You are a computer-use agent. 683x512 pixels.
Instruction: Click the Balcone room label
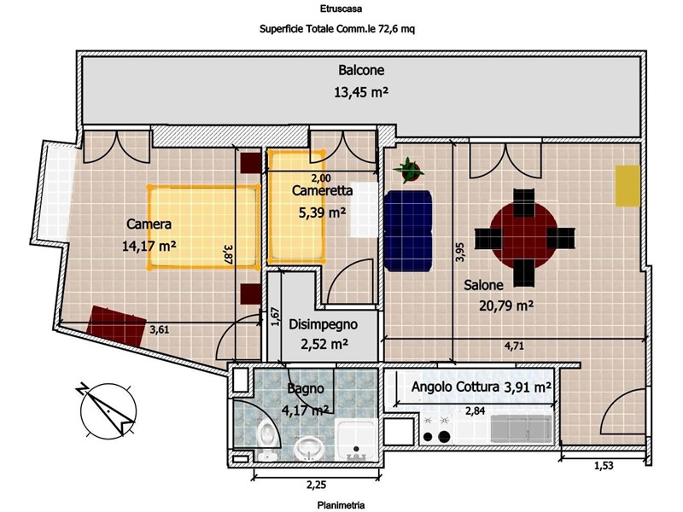[361, 70]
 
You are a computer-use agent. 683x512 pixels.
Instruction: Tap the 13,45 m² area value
[361, 92]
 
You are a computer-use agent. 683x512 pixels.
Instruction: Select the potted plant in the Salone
[409, 170]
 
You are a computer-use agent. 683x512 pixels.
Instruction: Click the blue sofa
[408, 230]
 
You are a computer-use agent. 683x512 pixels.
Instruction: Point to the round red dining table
[524, 238]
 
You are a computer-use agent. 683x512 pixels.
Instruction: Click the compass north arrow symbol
[108, 410]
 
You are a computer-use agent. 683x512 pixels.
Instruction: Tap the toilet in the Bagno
[266, 439]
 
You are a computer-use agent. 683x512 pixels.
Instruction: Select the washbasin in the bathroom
[309, 448]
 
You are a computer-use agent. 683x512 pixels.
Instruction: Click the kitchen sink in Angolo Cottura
[521, 429]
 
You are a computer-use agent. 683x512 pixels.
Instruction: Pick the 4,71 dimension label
[514, 346]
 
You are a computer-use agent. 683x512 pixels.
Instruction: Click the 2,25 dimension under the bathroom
[316, 484]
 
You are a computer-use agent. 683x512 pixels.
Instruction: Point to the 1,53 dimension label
[604, 465]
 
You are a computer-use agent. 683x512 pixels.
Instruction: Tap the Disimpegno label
[324, 324]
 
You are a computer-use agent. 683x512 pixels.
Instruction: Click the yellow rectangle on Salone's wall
[628, 185]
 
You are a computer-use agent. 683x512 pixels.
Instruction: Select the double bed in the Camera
[203, 226]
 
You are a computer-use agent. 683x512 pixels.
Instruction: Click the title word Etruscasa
[341, 9]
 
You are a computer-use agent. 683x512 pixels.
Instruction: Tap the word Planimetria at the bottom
[341, 505]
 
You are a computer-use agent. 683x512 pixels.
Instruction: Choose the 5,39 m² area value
[323, 212]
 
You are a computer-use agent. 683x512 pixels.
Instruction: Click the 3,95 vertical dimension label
[460, 252]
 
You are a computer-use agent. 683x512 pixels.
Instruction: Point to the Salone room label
[483, 285]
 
